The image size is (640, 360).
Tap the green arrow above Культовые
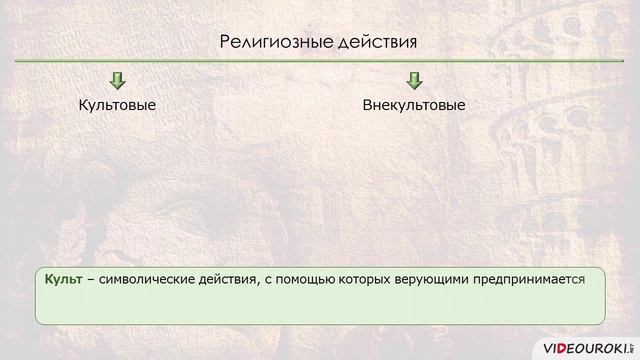click(x=117, y=80)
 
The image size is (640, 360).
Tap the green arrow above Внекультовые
click(x=414, y=80)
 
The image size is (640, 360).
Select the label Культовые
click(x=117, y=105)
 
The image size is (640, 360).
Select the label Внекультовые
click(x=414, y=105)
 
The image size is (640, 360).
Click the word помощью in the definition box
click(x=297, y=282)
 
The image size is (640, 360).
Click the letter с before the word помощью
click(x=266, y=283)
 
